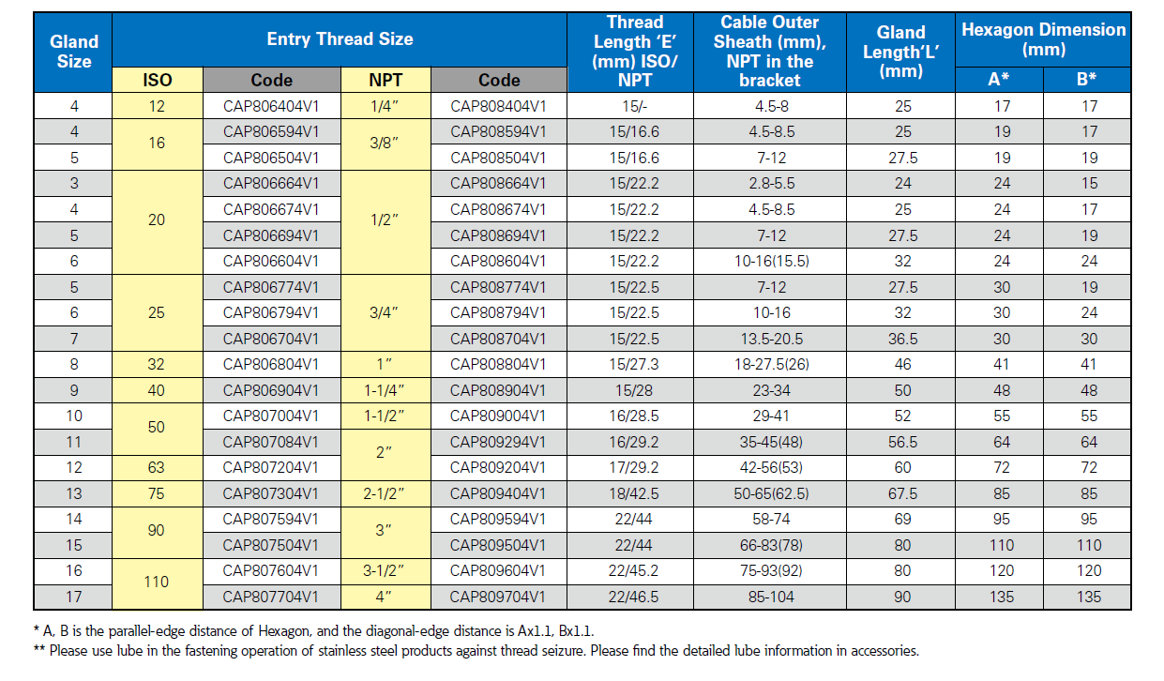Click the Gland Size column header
tap(74, 52)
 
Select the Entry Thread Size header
tap(340, 39)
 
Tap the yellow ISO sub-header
tap(157, 80)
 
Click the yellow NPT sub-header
tap(385, 80)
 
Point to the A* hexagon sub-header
tap(999, 79)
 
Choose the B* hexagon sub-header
tap(1086, 79)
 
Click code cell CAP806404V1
tap(271, 107)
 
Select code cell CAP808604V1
tap(498, 261)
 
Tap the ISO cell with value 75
tap(157, 493)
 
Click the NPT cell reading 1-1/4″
tap(385, 390)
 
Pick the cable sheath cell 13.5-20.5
tap(772, 339)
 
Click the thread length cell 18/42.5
tap(634, 493)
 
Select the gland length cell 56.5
tap(902, 442)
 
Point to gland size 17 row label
tap(74, 597)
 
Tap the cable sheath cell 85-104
tap(771, 597)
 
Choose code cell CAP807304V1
tap(270, 493)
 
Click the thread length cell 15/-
tap(634, 107)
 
